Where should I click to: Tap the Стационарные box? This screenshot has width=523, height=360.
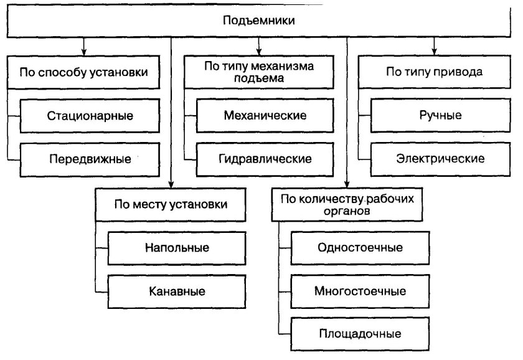[x=90, y=116]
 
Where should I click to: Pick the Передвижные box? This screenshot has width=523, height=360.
[x=90, y=158]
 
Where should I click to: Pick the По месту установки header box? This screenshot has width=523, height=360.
[x=171, y=204]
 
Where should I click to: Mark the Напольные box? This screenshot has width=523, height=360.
[x=177, y=248]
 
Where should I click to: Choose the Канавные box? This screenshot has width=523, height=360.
[x=177, y=291]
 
